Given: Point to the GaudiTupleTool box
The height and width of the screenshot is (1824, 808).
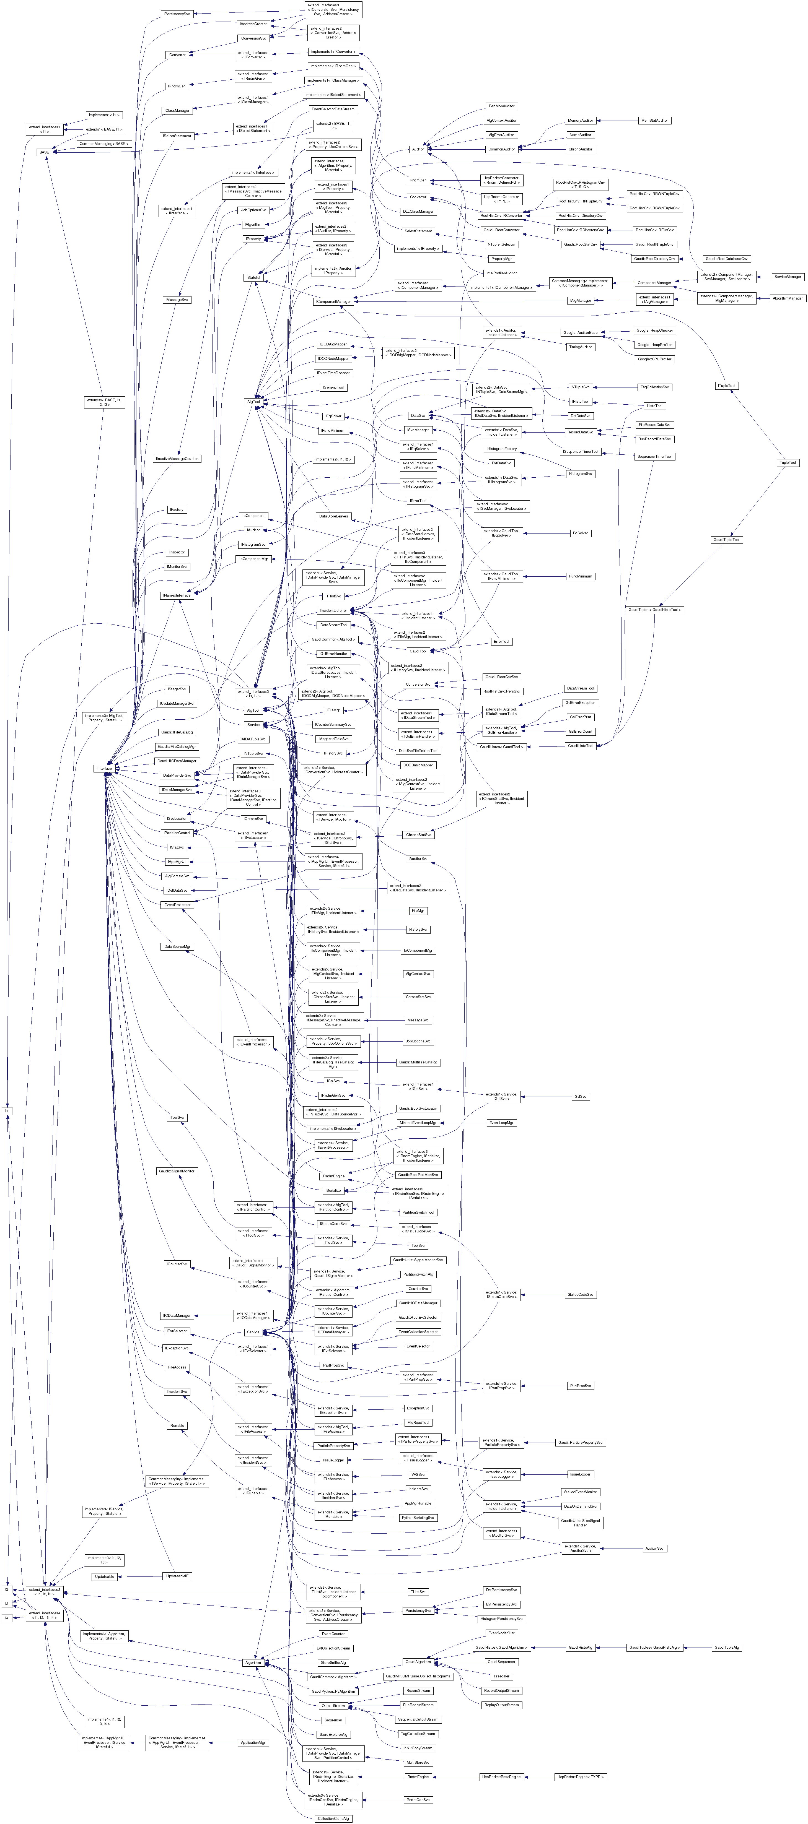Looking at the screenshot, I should [726, 540].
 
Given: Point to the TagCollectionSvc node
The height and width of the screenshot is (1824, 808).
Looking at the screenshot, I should [654, 387].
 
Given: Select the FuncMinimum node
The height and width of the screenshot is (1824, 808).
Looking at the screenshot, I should [580, 576].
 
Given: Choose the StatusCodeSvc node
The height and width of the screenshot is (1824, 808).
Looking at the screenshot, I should [580, 1294].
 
